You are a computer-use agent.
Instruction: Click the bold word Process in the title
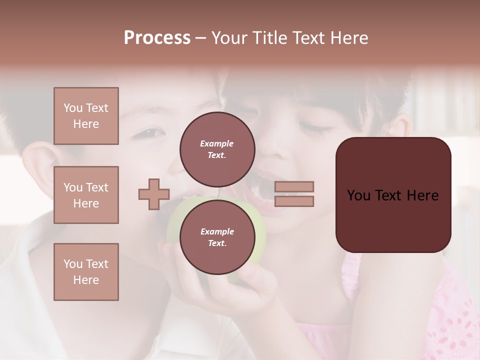pyautogui.click(x=157, y=38)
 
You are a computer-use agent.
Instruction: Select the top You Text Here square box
pyautogui.click(x=86, y=116)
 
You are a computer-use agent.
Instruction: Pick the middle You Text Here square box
pyautogui.click(x=86, y=195)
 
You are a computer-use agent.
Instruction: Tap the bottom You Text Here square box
pyautogui.click(x=86, y=272)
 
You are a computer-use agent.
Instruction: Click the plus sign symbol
pyautogui.click(x=154, y=194)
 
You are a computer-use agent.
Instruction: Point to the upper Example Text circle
pyautogui.click(x=217, y=149)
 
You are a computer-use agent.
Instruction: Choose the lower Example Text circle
pyautogui.click(x=217, y=237)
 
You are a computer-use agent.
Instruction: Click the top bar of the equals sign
pyautogui.click(x=294, y=186)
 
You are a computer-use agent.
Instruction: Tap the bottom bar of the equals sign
pyautogui.click(x=294, y=201)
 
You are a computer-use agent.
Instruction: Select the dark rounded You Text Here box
pyautogui.click(x=393, y=195)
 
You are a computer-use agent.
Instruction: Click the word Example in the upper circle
pyautogui.click(x=217, y=143)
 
